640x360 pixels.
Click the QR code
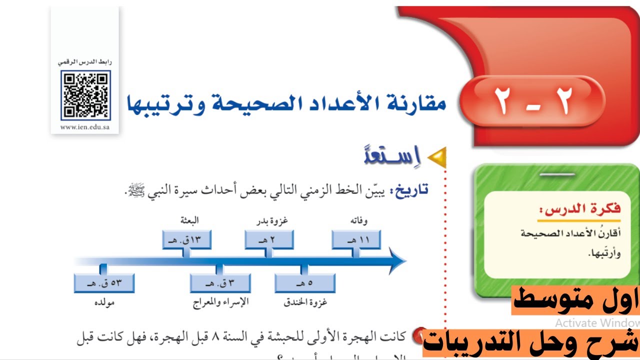click(x=85, y=95)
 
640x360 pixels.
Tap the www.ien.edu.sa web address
click(x=85, y=127)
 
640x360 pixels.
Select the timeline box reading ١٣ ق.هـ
click(x=187, y=239)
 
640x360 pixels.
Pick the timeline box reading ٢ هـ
click(x=269, y=239)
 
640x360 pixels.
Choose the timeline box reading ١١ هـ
click(x=356, y=239)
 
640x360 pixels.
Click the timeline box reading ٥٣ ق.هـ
click(x=104, y=283)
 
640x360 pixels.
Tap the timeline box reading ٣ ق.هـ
click(x=219, y=283)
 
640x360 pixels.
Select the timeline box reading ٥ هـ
click(x=304, y=283)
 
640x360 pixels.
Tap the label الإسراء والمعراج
click(x=220, y=302)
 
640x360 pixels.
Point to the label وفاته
click(x=359, y=220)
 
